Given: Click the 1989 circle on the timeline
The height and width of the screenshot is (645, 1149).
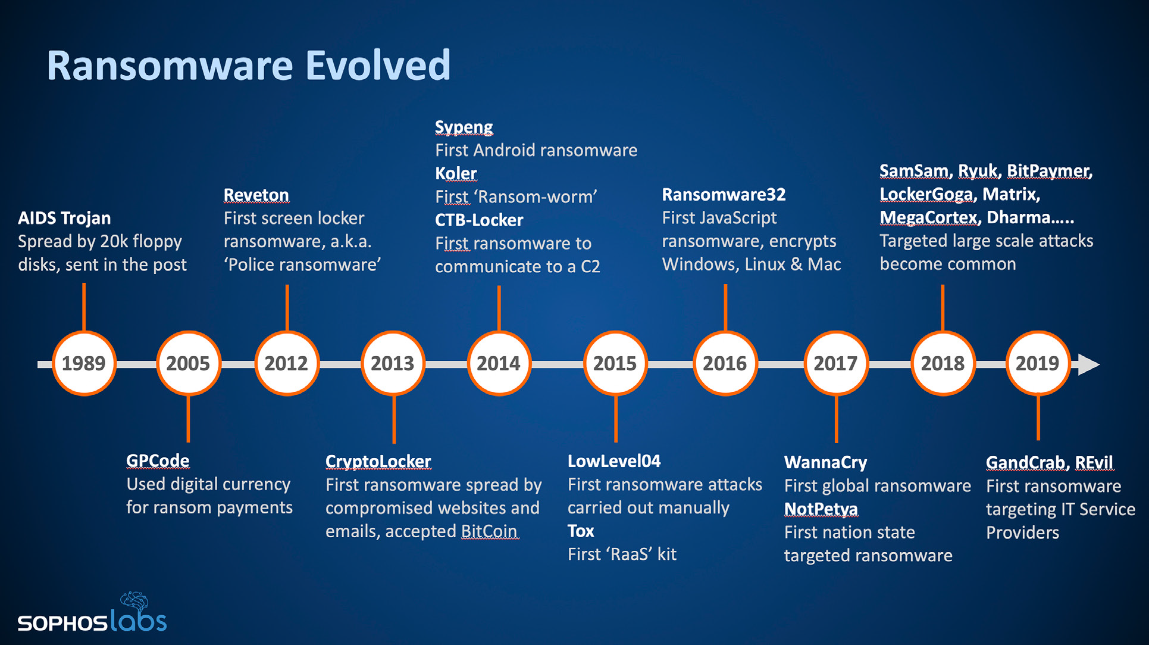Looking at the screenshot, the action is pos(84,363).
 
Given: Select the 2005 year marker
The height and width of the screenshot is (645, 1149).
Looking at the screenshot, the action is pos(188,363).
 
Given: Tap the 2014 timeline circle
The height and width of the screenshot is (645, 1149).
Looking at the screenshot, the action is pos(499,363).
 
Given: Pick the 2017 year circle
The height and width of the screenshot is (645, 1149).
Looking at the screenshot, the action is pos(835,363).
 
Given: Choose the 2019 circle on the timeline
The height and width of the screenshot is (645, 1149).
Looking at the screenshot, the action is pos(1037,363).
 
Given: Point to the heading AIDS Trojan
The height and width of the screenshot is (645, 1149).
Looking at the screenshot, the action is pos(64,218).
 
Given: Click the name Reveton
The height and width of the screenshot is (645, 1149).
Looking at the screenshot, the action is pos(256,195).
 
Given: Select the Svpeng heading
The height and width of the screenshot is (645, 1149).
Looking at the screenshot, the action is pos(464,127).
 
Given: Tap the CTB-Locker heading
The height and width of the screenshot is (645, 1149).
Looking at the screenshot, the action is pos(479,220).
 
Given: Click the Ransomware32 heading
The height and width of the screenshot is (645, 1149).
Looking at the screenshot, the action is pos(724,195).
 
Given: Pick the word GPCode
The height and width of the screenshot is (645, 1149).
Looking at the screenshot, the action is pos(158,461).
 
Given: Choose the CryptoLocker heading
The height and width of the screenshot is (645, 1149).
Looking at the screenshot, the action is pos(378,462).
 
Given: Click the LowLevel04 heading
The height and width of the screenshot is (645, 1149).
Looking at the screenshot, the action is pos(614,461).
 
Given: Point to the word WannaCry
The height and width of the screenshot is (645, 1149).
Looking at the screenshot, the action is pos(826,463).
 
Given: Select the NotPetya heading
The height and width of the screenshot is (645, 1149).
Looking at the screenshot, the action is pos(821,509).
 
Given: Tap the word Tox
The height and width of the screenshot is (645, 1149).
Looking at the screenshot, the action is pos(581,531).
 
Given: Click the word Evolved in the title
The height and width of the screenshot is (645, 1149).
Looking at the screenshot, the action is pos(378,66).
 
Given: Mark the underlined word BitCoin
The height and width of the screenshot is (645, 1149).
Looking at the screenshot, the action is pos(489,531).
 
